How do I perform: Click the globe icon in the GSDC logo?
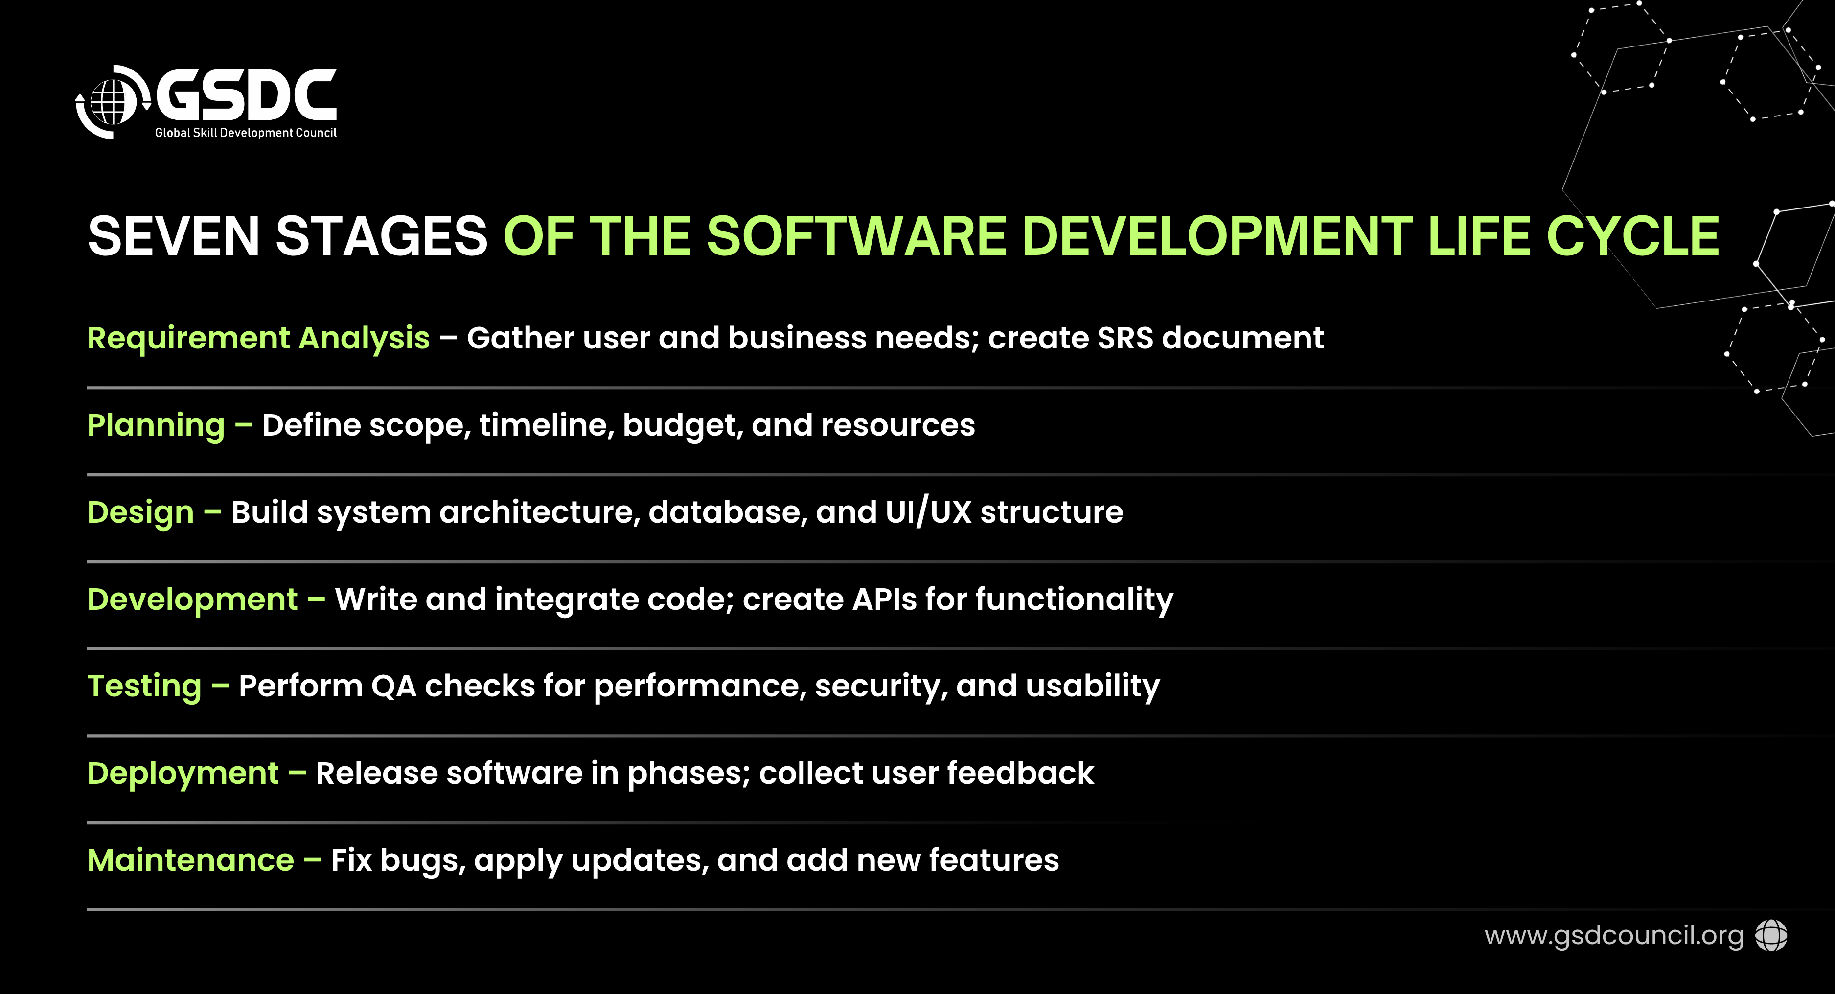pyautogui.click(x=112, y=102)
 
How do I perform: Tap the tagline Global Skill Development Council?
pyautogui.click(x=246, y=133)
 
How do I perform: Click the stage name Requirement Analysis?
pyautogui.click(x=258, y=339)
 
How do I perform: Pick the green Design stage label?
pyautogui.click(x=140, y=513)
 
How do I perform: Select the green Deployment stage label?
pyautogui.click(x=183, y=774)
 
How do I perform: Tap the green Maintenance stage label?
pyautogui.click(x=191, y=860)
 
